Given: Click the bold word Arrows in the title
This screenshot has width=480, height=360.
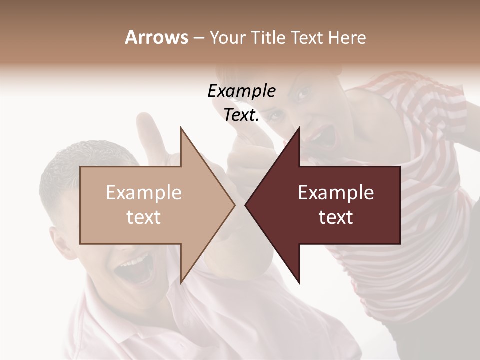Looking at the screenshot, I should click(x=156, y=37).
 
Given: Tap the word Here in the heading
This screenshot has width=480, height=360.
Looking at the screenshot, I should click(x=347, y=37).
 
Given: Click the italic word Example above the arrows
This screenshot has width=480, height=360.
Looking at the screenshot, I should click(x=241, y=91).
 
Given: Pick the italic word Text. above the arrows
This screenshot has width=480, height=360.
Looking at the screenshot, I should click(x=241, y=115).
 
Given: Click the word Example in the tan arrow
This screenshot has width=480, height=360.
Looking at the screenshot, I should click(x=143, y=193).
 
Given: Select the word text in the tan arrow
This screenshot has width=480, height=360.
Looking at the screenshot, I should click(x=143, y=217).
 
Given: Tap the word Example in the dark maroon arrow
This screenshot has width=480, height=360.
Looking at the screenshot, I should click(x=336, y=193).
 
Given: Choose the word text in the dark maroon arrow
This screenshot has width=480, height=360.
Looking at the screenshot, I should click(x=336, y=217).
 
